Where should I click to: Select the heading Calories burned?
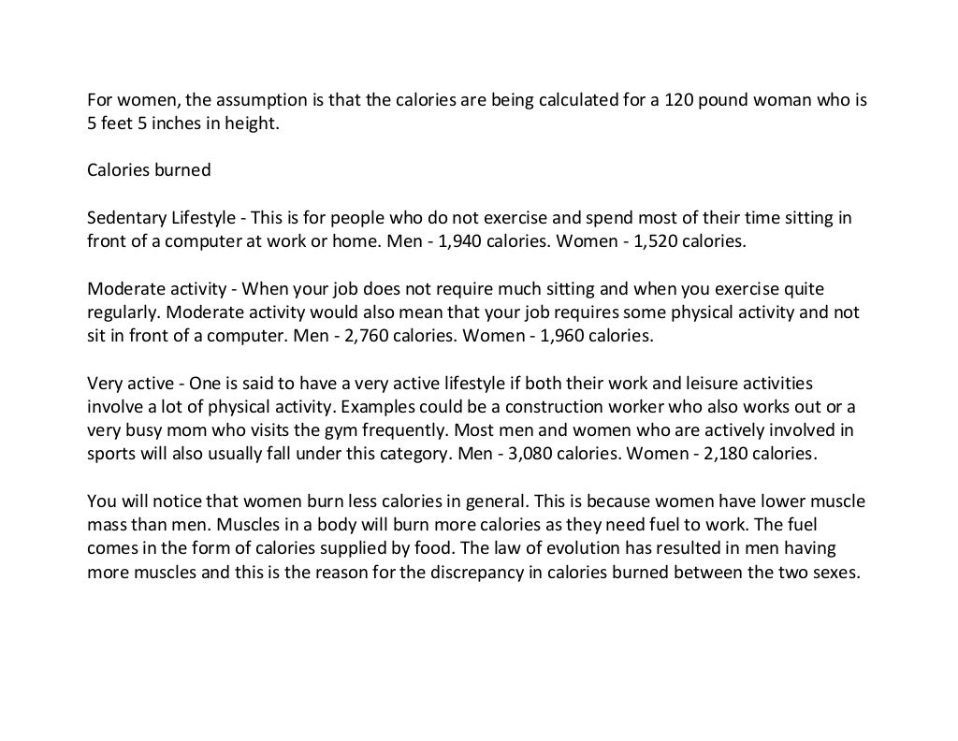click(149, 170)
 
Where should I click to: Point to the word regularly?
click(122, 313)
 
